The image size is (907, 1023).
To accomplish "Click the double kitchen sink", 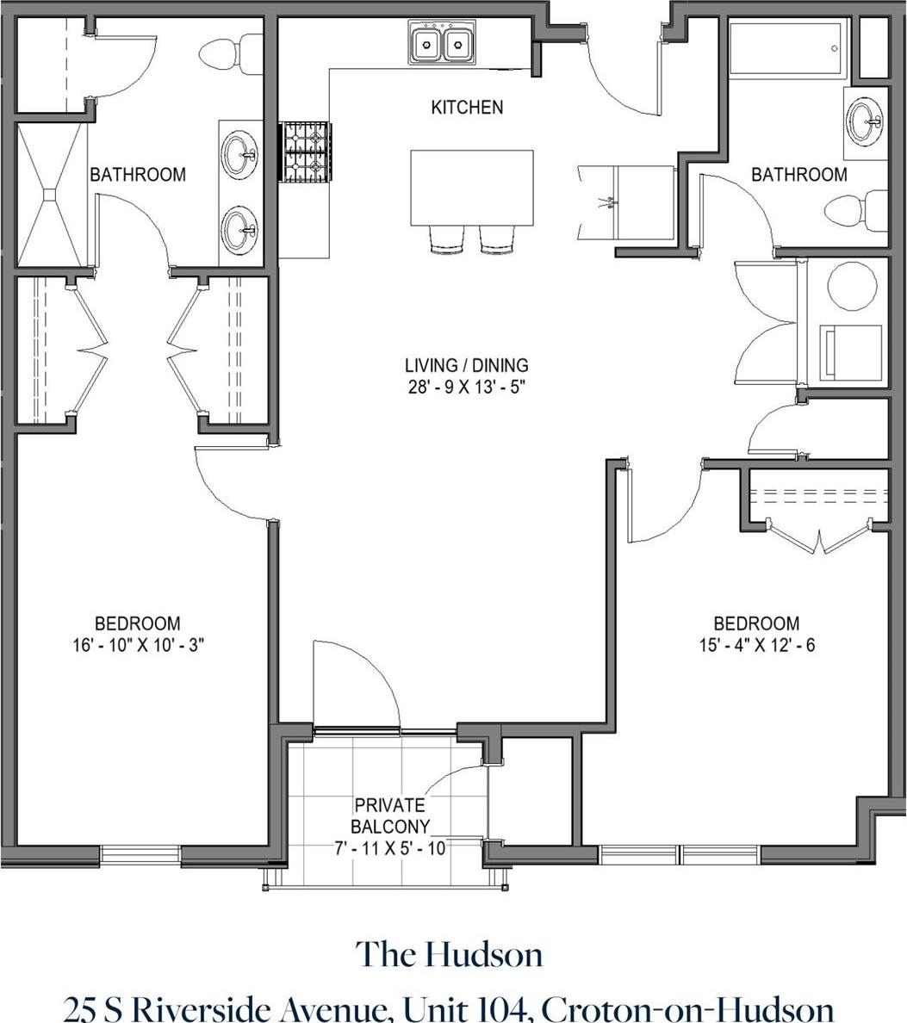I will tap(441, 42).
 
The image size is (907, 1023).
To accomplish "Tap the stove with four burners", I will tap(307, 152).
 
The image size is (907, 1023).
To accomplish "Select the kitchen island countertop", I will tap(471, 187).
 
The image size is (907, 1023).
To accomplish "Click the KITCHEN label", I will tap(466, 108).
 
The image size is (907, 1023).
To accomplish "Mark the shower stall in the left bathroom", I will tap(52, 195).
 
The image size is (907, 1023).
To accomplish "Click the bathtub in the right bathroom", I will tap(788, 48).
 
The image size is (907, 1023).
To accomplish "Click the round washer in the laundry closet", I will tap(850, 284).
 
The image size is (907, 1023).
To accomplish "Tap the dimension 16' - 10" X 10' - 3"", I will tap(138, 644).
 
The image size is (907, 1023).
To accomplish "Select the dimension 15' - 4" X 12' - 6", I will tap(756, 644).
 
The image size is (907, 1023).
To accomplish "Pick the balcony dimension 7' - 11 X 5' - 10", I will tap(389, 848).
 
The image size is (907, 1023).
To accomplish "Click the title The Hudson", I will tap(450, 955).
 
